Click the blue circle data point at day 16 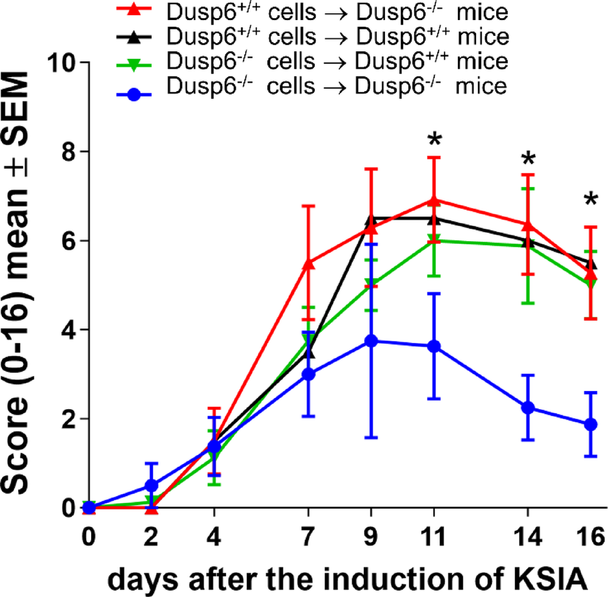click(x=590, y=424)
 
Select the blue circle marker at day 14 click(x=528, y=407)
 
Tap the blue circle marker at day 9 click(x=371, y=341)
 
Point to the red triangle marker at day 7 click(x=308, y=264)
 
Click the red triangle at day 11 click(x=433, y=200)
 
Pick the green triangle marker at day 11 click(x=433, y=241)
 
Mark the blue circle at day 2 click(x=151, y=485)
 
